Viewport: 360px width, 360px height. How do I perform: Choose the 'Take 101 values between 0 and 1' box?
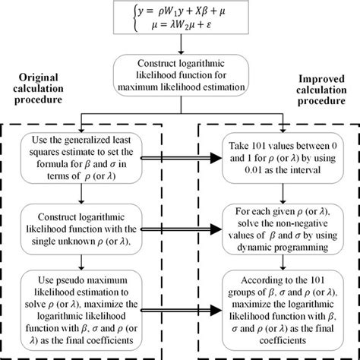point(282,156)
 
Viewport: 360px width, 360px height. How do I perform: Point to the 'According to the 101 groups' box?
point(282,303)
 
